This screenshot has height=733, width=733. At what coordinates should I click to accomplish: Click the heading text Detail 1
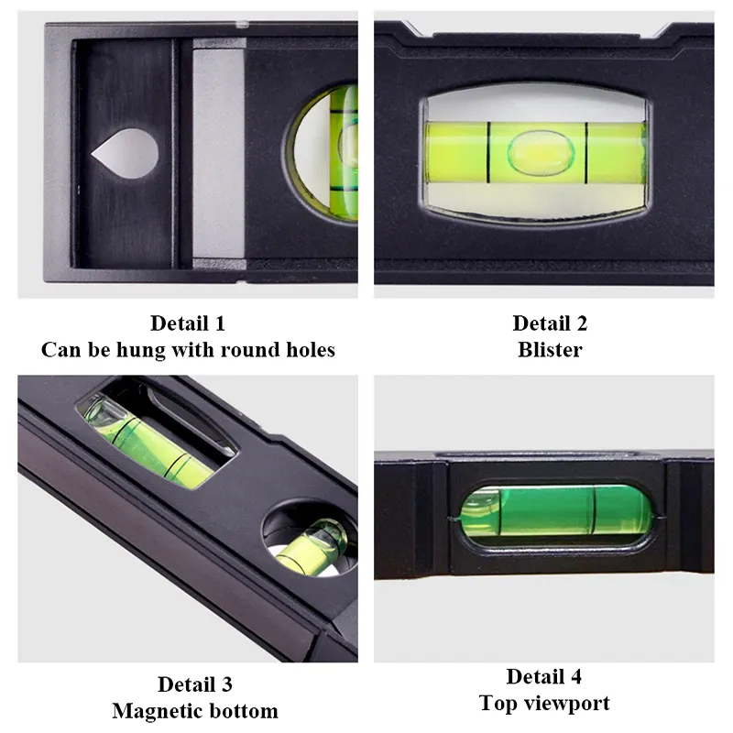[188, 323]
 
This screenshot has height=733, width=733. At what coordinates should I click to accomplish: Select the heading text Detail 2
[550, 323]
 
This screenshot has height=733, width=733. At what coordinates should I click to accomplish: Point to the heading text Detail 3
[195, 684]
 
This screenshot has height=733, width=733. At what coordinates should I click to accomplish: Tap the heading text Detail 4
[544, 677]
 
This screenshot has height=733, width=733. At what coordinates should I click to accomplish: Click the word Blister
[550, 350]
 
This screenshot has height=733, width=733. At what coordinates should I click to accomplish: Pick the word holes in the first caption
[307, 350]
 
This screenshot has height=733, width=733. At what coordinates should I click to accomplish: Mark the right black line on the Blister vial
[584, 148]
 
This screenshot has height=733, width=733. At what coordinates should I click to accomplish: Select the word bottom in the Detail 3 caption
[245, 711]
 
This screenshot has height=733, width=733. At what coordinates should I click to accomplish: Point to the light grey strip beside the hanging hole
[218, 156]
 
